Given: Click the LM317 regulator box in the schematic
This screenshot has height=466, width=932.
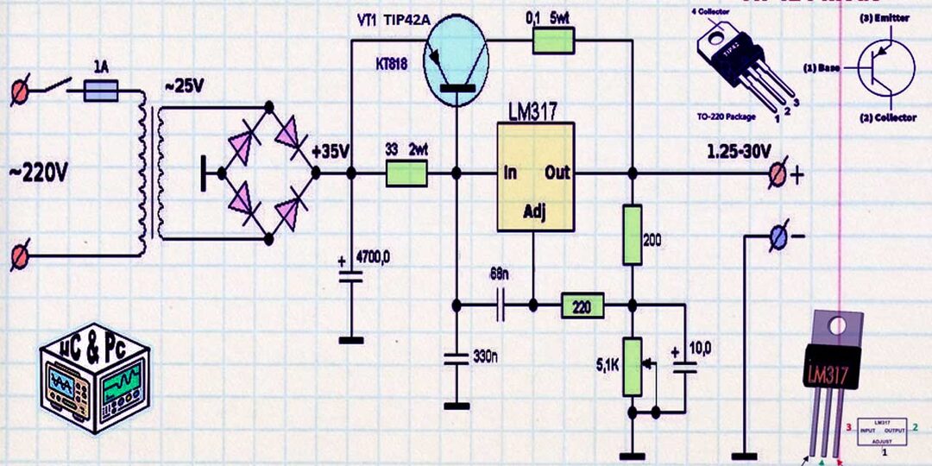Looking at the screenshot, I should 536,177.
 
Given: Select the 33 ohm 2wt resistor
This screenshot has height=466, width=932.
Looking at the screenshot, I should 406,173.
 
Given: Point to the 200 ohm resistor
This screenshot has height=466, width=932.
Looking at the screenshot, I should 633,235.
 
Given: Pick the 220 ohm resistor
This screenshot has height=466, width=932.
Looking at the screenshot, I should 582,305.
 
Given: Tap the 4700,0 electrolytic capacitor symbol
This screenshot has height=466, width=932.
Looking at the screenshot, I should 350,276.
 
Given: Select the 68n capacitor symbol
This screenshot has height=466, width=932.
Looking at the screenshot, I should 501,305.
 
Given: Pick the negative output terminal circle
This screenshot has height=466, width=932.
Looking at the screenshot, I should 777,236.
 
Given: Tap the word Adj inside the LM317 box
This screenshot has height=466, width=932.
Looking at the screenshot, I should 535,211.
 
